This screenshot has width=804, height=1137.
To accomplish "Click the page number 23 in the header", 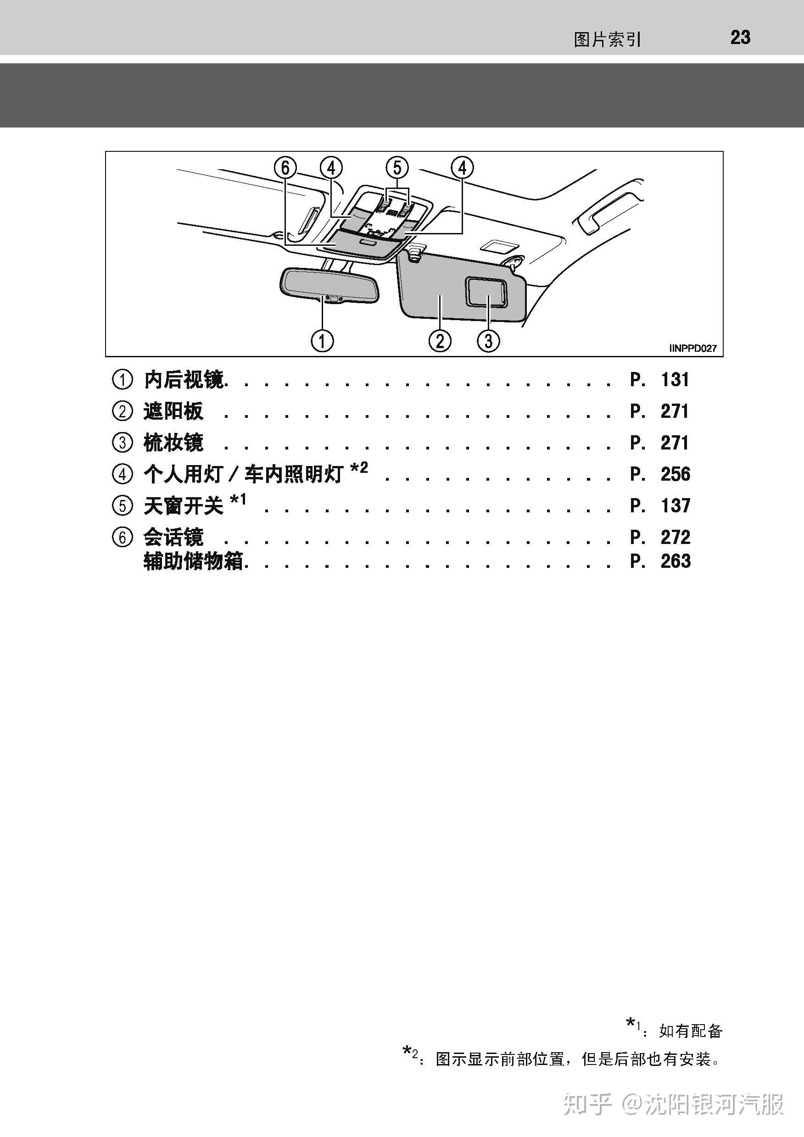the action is [x=740, y=38].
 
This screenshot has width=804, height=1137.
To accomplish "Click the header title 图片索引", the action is [x=607, y=39].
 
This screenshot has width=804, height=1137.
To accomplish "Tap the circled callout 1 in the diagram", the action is [x=322, y=341].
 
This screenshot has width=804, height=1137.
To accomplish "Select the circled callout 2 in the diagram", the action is [x=440, y=341].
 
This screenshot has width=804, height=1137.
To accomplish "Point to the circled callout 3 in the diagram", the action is [x=488, y=341].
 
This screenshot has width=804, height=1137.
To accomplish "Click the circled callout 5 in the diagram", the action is [x=397, y=168].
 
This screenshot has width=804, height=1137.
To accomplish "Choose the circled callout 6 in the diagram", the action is [x=285, y=168].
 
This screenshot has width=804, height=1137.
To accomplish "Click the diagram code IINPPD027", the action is [x=692, y=348].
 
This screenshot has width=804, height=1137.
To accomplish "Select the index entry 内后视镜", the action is [x=184, y=380].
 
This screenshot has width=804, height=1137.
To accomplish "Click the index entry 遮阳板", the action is [x=173, y=411].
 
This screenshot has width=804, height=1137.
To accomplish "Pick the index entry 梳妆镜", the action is [x=173, y=442].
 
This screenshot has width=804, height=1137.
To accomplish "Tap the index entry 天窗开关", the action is [x=183, y=505].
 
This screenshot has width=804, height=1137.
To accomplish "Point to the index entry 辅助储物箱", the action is [x=193, y=561].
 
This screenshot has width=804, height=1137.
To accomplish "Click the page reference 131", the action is [x=675, y=380].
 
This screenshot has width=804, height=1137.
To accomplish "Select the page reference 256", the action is [x=675, y=474].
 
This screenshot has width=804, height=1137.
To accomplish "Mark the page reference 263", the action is [x=675, y=561].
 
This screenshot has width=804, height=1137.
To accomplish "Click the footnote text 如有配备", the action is [x=691, y=1031].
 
